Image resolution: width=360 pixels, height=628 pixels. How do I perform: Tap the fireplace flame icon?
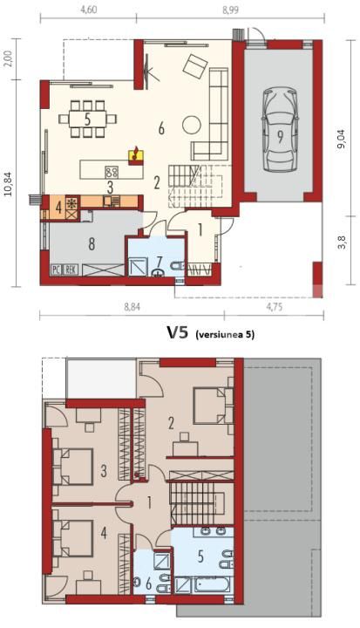[x=134, y=155]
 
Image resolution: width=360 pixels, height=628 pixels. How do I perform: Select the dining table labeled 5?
[x=87, y=119]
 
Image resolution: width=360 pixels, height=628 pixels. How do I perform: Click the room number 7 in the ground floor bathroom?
[x=159, y=261]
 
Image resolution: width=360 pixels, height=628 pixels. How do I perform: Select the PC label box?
[x=56, y=270]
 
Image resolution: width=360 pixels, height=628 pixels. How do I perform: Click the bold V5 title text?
[x=178, y=332]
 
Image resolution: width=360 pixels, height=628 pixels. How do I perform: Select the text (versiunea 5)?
[x=225, y=334]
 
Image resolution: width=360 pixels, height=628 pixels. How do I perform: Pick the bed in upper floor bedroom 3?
[x=73, y=461]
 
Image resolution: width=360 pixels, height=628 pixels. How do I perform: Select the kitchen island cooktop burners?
[x=112, y=171]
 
